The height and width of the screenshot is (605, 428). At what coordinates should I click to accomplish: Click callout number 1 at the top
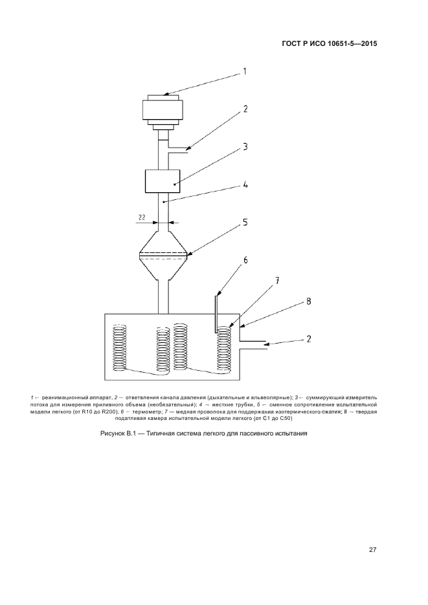click(x=244, y=71)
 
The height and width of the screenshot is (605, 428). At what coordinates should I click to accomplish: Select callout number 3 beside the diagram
click(x=245, y=147)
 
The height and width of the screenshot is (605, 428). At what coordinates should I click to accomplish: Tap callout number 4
click(x=245, y=185)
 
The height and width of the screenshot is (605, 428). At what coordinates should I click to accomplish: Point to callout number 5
click(x=245, y=223)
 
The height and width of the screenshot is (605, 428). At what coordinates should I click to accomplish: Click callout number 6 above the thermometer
click(x=245, y=260)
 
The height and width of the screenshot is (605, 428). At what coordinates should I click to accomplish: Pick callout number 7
click(x=277, y=281)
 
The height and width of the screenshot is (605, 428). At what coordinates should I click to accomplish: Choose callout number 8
click(x=309, y=302)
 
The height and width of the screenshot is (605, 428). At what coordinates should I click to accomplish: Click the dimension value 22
click(x=142, y=217)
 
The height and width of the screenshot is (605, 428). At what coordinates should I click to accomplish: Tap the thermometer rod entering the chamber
click(x=216, y=314)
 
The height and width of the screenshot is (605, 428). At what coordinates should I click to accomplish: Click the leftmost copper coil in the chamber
click(x=119, y=347)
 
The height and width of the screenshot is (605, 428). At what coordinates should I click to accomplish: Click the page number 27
click(x=372, y=550)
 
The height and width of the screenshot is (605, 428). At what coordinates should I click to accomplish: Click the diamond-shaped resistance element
click(x=164, y=255)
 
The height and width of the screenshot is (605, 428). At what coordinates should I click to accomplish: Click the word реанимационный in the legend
click(x=63, y=397)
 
